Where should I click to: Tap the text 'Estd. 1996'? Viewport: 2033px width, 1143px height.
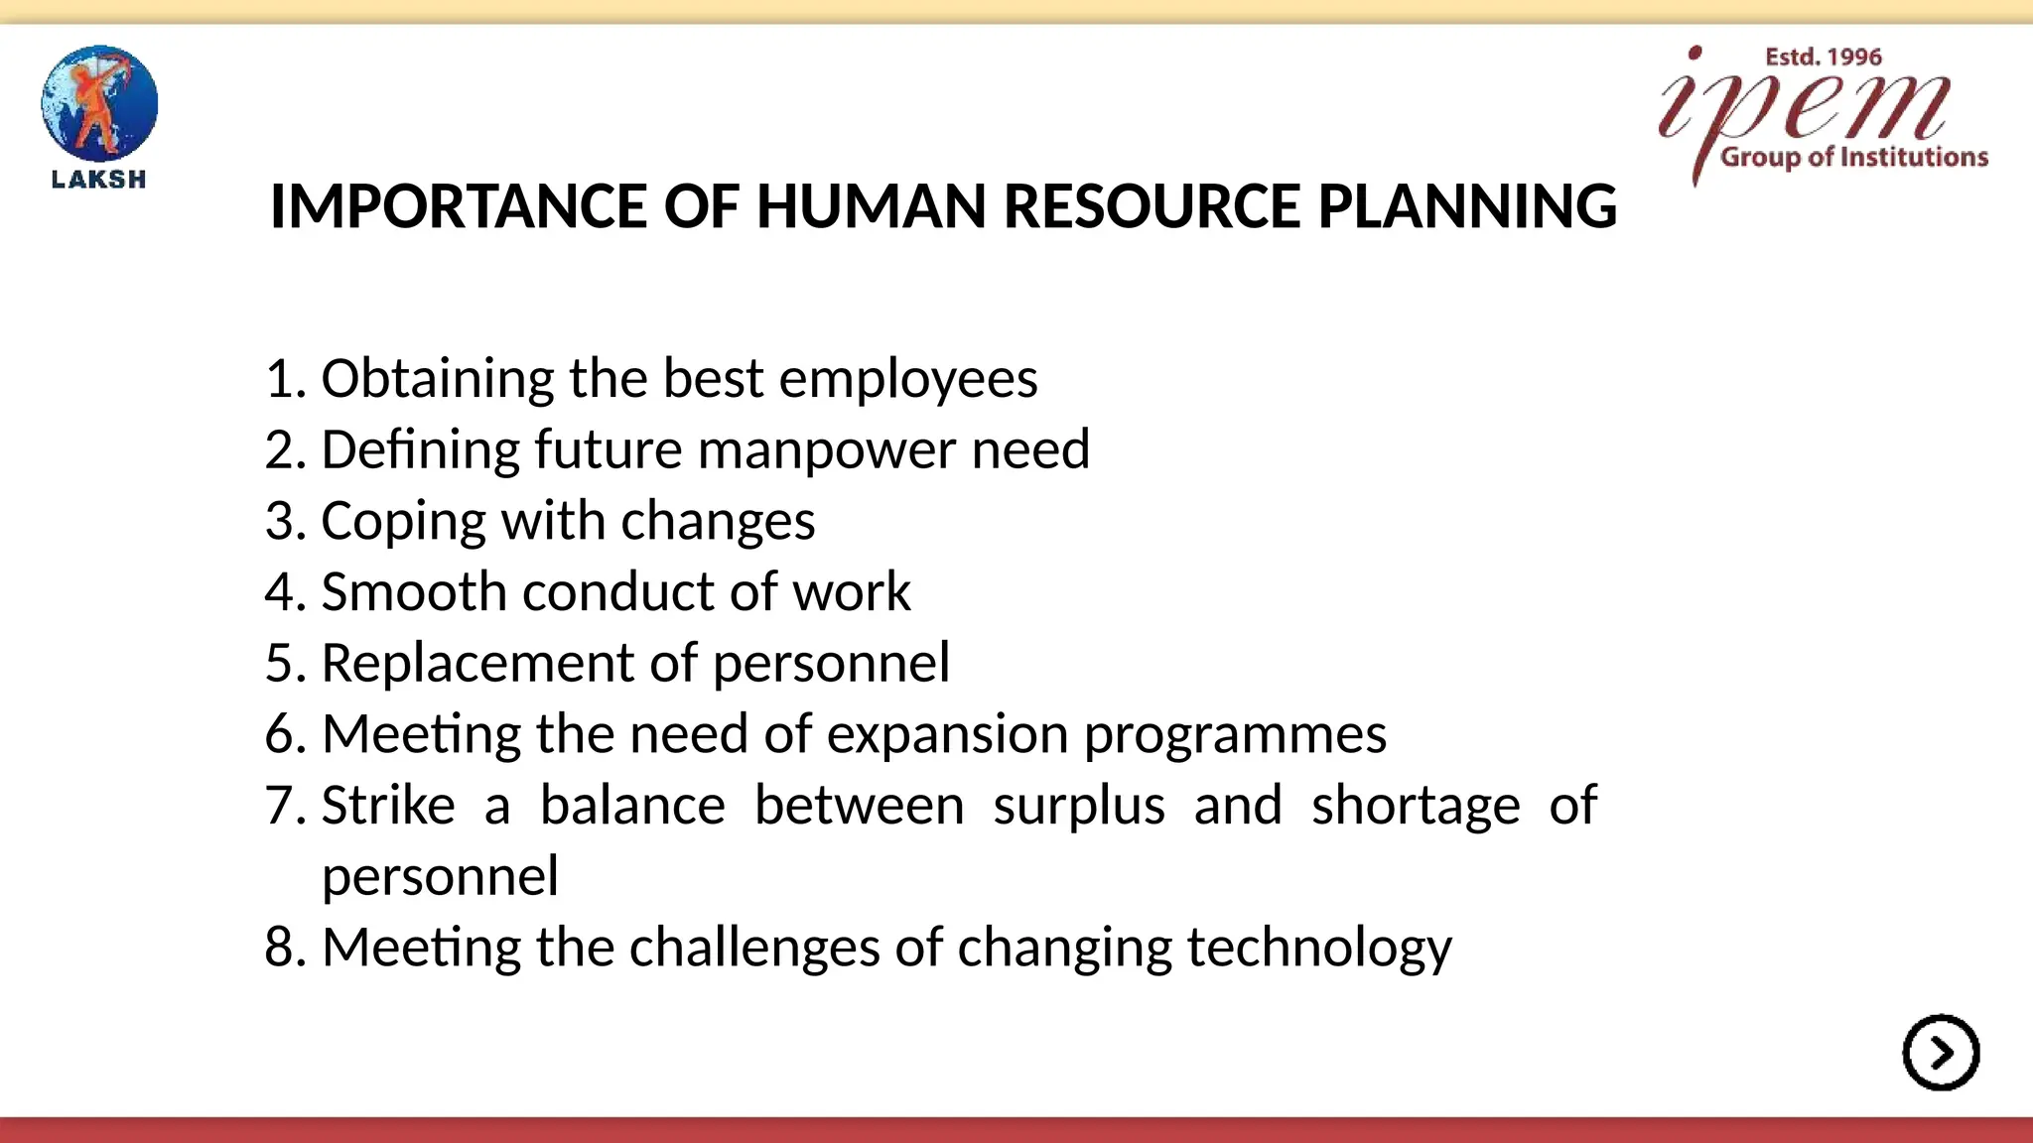coord(1823,58)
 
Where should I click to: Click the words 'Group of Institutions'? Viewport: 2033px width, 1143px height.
coord(1853,158)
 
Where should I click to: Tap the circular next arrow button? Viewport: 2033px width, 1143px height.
coord(1941,1053)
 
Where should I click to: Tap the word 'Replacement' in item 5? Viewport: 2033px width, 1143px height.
coord(477,664)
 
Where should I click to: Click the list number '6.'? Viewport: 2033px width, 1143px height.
coord(286,735)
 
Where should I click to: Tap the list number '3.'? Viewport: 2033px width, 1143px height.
coord(286,522)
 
